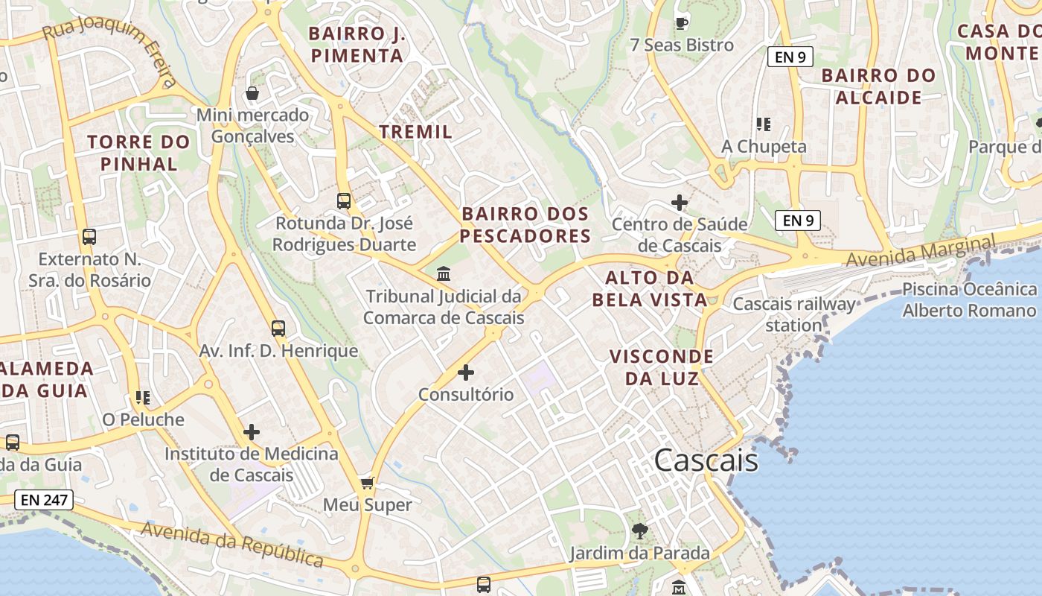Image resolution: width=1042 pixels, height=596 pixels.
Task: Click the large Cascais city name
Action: point(706,460)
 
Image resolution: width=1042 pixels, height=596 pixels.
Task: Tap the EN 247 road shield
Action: point(45,500)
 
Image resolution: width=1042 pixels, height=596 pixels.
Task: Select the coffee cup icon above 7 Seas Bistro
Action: point(681,23)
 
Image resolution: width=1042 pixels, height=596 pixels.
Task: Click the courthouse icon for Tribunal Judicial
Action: point(444,273)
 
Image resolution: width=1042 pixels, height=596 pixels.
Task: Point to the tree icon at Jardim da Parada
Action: point(639,531)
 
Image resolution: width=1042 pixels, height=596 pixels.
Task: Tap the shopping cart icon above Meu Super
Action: point(367,484)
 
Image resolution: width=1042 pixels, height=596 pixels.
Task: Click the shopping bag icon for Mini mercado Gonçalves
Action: point(252,93)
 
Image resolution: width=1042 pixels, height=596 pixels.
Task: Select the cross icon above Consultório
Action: point(466,372)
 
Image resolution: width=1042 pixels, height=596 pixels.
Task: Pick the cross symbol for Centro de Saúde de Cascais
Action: point(680,202)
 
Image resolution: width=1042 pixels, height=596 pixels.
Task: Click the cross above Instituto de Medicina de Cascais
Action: point(252,431)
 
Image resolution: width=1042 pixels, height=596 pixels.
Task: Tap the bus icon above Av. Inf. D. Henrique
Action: point(278,328)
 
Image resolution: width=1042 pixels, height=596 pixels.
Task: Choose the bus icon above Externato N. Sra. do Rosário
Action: point(89,237)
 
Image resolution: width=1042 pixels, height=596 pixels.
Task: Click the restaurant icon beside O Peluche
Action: point(143,398)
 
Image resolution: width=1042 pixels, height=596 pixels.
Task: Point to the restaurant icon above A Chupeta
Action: point(763,124)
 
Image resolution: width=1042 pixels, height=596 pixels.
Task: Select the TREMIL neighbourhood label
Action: point(416,132)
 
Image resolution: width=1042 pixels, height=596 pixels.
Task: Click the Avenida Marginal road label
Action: point(921,252)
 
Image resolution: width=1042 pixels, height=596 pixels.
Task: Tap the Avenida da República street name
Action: point(231,543)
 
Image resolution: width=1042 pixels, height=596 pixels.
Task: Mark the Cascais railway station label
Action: point(794,314)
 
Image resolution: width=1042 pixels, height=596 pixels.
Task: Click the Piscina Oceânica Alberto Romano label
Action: point(969,299)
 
